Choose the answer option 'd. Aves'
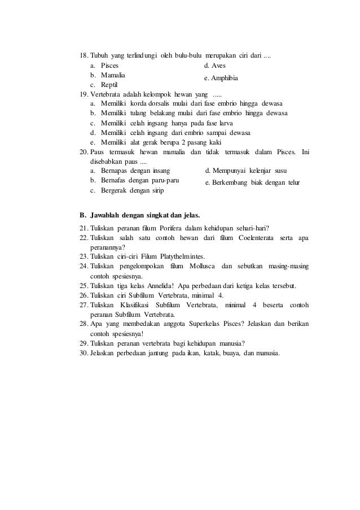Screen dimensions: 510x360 click(214, 66)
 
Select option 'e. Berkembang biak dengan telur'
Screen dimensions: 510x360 click(252, 182)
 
